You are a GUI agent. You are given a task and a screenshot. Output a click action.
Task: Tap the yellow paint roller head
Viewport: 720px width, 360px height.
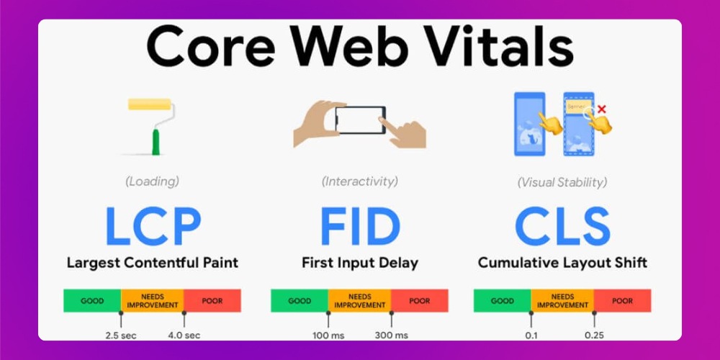150,104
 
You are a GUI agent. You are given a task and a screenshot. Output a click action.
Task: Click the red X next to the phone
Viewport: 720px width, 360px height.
602,109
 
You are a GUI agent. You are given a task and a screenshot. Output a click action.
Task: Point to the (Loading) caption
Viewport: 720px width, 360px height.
153,181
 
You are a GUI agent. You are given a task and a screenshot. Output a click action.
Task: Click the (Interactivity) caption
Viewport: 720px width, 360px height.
359,181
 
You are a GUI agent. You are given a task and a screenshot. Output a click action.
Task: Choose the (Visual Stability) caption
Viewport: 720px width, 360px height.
562,182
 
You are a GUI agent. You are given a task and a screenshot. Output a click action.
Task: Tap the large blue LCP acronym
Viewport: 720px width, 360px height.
153,225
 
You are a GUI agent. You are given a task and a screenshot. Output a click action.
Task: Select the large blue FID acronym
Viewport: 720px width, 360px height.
359,225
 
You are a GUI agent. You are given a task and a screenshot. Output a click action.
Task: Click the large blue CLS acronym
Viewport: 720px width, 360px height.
562,225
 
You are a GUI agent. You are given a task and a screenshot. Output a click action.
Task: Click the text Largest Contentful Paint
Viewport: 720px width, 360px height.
153,263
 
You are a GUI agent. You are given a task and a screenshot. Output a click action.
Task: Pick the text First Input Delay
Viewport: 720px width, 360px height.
359,263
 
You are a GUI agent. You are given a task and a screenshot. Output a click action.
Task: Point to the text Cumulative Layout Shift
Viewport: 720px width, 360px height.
562,263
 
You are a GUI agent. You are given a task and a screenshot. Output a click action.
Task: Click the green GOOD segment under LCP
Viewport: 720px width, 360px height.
92,300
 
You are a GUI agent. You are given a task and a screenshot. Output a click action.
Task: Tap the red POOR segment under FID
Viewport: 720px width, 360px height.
420,300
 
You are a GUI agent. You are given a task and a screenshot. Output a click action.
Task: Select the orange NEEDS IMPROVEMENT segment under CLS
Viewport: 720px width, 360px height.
562,300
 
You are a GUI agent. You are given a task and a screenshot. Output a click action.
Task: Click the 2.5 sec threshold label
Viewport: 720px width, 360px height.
121,335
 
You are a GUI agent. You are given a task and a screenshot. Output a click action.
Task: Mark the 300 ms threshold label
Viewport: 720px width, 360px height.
391,335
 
